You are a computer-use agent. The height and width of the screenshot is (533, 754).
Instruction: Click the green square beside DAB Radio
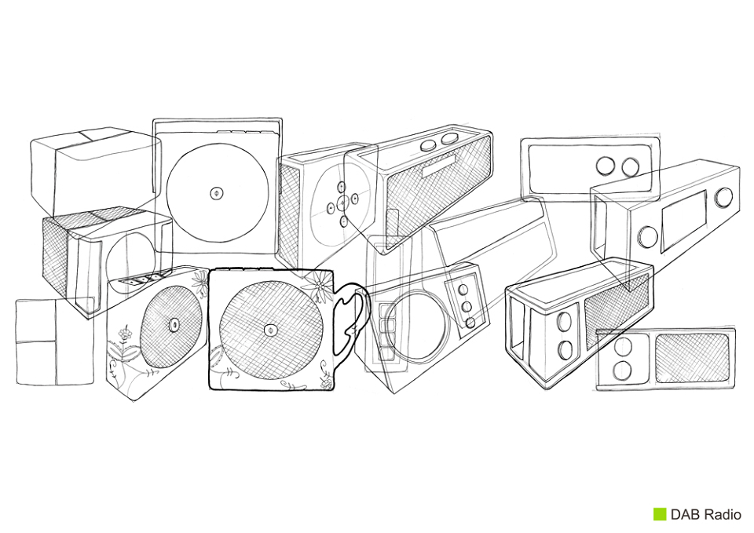pyautogui.click(x=659, y=514)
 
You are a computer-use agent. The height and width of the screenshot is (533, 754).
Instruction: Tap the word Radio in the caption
pyautogui.click(x=723, y=515)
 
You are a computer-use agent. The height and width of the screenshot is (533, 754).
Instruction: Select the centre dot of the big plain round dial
pyautogui.click(x=217, y=193)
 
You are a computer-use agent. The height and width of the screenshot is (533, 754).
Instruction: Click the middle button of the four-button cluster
pyautogui.click(x=343, y=202)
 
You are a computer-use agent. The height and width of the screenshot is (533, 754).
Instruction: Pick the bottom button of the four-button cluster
pyautogui.click(x=344, y=221)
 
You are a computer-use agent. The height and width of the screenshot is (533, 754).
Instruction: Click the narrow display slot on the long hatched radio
pyautogui.click(x=438, y=166)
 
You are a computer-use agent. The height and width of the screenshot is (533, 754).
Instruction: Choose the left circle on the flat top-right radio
pyautogui.click(x=606, y=166)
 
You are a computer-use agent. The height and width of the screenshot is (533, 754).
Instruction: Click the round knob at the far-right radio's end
pyautogui.click(x=723, y=198)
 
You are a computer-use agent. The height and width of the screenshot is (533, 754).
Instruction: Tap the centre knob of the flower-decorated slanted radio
pyautogui.click(x=174, y=325)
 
